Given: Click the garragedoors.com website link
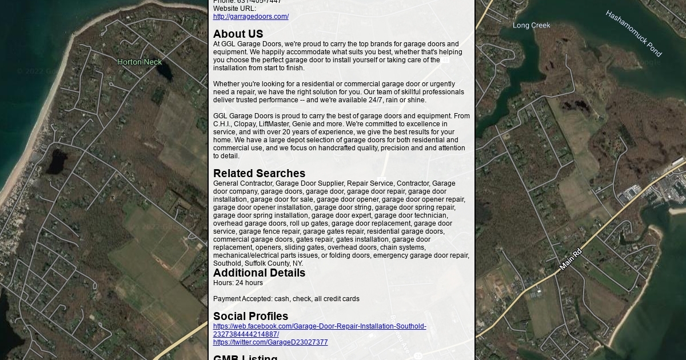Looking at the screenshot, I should tap(250, 17).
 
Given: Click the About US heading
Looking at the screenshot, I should tap(238, 34).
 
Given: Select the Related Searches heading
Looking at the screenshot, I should tap(259, 173).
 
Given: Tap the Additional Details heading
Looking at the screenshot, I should tap(259, 273).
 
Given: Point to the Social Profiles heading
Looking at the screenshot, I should tap(250, 316).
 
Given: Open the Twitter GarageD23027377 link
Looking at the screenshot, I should tap(270, 342).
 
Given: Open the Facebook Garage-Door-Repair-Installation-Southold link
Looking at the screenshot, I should tap(320, 326).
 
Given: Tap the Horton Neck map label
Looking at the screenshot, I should tap(139, 62).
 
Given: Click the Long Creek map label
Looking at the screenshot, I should tap(531, 25).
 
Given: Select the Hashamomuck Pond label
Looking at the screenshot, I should tap(633, 33).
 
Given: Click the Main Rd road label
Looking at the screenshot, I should tap(570, 259).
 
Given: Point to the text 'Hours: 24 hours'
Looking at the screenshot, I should tap(238, 283).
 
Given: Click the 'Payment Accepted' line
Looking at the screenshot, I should tap(286, 299).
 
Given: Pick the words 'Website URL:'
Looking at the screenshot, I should tap(234, 9).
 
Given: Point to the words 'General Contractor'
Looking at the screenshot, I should tap(243, 183).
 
